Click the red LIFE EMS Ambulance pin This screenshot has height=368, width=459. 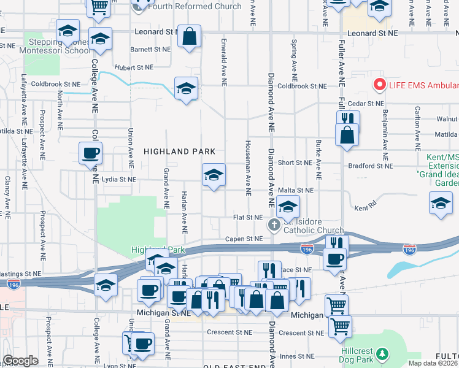coord(379,85)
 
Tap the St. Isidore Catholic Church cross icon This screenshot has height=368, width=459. coord(274,226)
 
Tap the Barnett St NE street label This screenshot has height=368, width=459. coord(150,48)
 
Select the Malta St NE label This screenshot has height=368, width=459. coord(296,191)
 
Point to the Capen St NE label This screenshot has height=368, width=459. coord(239,239)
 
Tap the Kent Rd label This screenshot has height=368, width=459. coord(364,209)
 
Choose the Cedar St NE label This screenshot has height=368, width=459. coord(366,104)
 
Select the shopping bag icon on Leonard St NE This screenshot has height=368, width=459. coord(190,36)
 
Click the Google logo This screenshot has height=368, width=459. coord(20,361)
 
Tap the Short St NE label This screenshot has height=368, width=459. coord(295,163)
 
